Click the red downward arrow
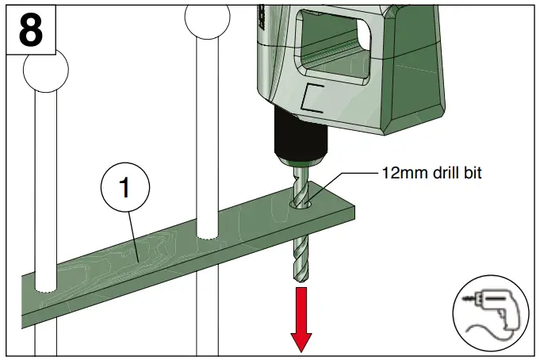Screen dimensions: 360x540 301,318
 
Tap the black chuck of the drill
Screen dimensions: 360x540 298,138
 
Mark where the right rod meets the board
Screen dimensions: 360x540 208,237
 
